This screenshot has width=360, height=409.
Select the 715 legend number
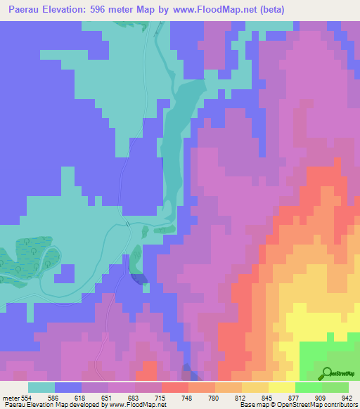pos(162,397)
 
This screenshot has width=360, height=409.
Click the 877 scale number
pos(295,397)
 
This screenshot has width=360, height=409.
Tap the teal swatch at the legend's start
pos(41,387)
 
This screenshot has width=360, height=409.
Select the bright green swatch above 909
pos(308,387)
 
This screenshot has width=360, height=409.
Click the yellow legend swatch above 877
pos(281,387)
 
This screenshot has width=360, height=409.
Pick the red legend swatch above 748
pos(174,387)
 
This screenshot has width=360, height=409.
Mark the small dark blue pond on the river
pos(139,278)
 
